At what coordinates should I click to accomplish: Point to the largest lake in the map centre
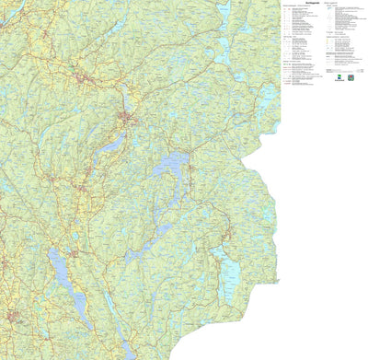point(171,167)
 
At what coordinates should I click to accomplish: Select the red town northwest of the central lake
point(126,118)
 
